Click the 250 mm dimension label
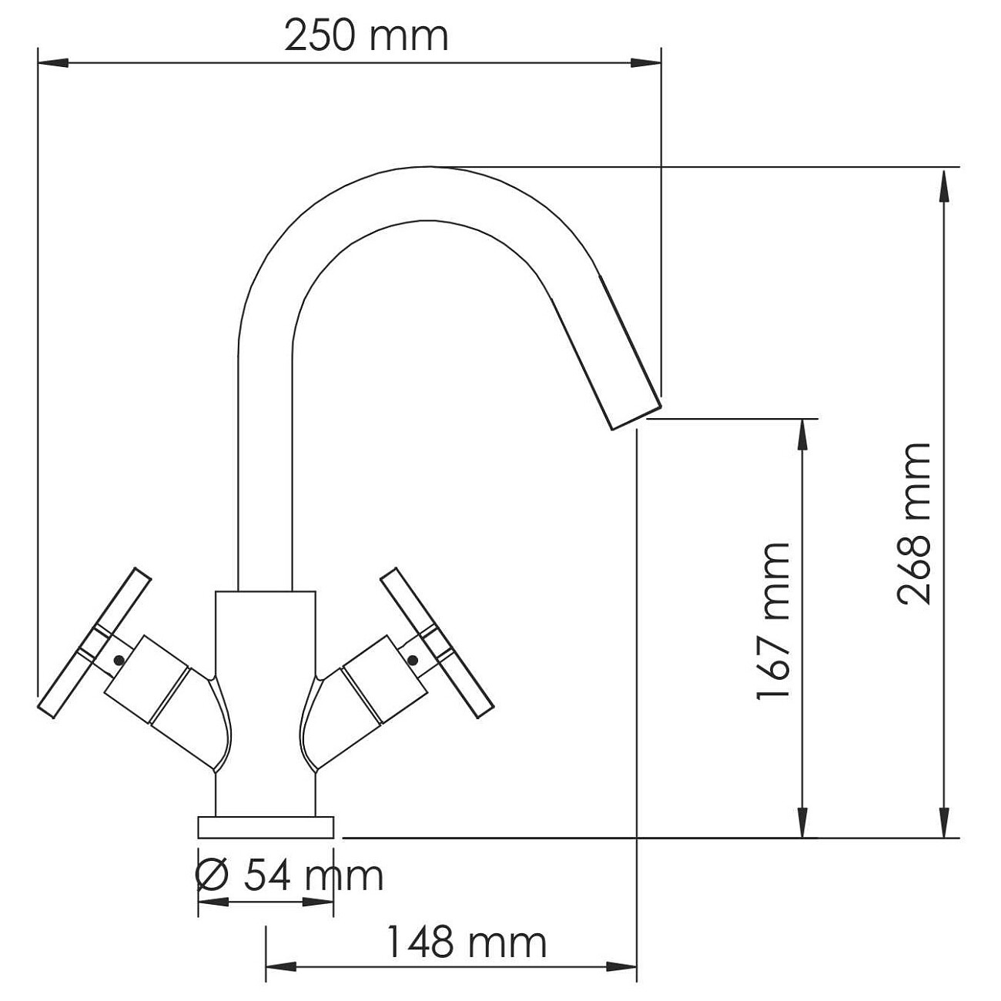366,36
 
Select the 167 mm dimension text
773,621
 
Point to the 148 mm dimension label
466,942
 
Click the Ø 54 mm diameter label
290,875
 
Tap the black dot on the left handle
119,659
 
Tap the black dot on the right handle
413,659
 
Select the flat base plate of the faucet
266,827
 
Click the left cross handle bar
92,644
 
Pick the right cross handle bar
437,644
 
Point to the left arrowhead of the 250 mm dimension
52,62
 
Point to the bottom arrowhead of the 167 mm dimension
803,822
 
